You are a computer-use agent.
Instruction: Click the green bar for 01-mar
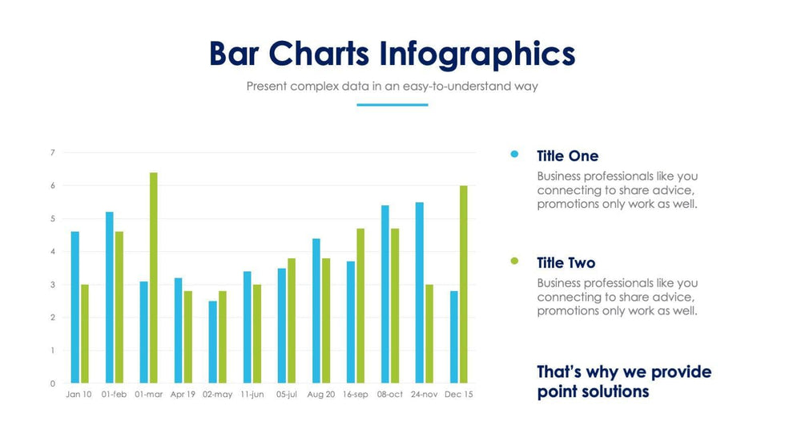(x=154, y=278)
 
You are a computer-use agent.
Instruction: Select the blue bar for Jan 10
(x=75, y=307)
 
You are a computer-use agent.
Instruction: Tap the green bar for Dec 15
(x=464, y=284)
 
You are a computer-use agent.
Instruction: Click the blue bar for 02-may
(x=212, y=342)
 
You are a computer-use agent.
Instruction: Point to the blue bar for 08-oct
(x=385, y=294)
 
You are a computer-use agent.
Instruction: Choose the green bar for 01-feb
(x=119, y=307)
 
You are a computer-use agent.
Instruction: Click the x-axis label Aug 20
(x=320, y=395)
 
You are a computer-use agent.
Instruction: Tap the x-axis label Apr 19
(x=183, y=395)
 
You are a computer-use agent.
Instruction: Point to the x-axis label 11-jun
(x=252, y=395)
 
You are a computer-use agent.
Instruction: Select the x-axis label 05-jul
(x=286, y=395)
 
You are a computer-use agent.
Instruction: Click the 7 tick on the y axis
(x=52, y=152)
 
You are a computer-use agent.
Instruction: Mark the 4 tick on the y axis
(x=52, y=252)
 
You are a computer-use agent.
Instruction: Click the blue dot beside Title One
(x=514, y=154)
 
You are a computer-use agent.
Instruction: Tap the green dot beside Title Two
(x=514, y=261)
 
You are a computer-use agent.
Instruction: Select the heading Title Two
(x=566, y=262)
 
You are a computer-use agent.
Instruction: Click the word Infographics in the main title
(x=477, y=55)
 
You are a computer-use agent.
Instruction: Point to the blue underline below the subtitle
(x=392, y=104)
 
